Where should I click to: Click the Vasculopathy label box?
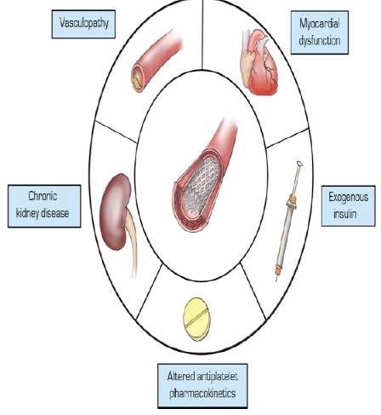83,24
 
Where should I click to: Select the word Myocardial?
320,24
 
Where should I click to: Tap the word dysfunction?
320,41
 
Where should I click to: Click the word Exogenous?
349,197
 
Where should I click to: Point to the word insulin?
344,214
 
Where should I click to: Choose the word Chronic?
43,196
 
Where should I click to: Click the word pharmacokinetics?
202,394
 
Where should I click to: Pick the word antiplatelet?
218,377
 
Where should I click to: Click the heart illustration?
259,62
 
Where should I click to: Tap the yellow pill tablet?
196,319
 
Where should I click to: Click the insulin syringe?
287,222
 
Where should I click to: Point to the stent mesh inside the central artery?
201,187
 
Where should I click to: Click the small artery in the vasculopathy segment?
156,61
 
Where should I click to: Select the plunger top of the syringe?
299,164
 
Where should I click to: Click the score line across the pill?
196,319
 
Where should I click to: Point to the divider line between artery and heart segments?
202,34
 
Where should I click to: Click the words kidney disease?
43,213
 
